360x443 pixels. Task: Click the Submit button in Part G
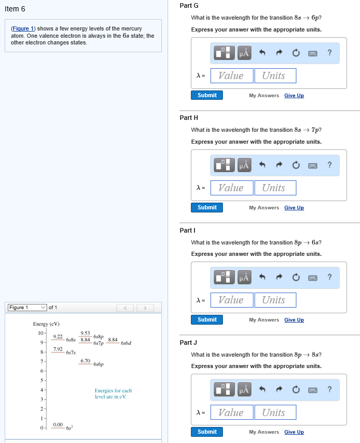point(207,95)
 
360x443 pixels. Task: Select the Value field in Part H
point(232,188)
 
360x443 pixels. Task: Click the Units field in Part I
point(275,300)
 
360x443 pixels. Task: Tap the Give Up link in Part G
point(294,95)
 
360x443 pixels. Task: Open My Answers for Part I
point(264,320)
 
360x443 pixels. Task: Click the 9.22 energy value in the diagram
point(57,337)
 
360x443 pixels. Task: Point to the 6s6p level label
point(99,364)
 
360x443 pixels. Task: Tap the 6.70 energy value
point(86,360)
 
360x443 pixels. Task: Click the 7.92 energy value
point(58,349)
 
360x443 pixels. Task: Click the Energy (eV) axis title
point(47,324)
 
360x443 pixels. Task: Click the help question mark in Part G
point(329,53)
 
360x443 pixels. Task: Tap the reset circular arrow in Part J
point(295,390)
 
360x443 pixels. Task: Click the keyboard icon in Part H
point(312,165)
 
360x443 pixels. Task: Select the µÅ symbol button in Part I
point(244,278)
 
